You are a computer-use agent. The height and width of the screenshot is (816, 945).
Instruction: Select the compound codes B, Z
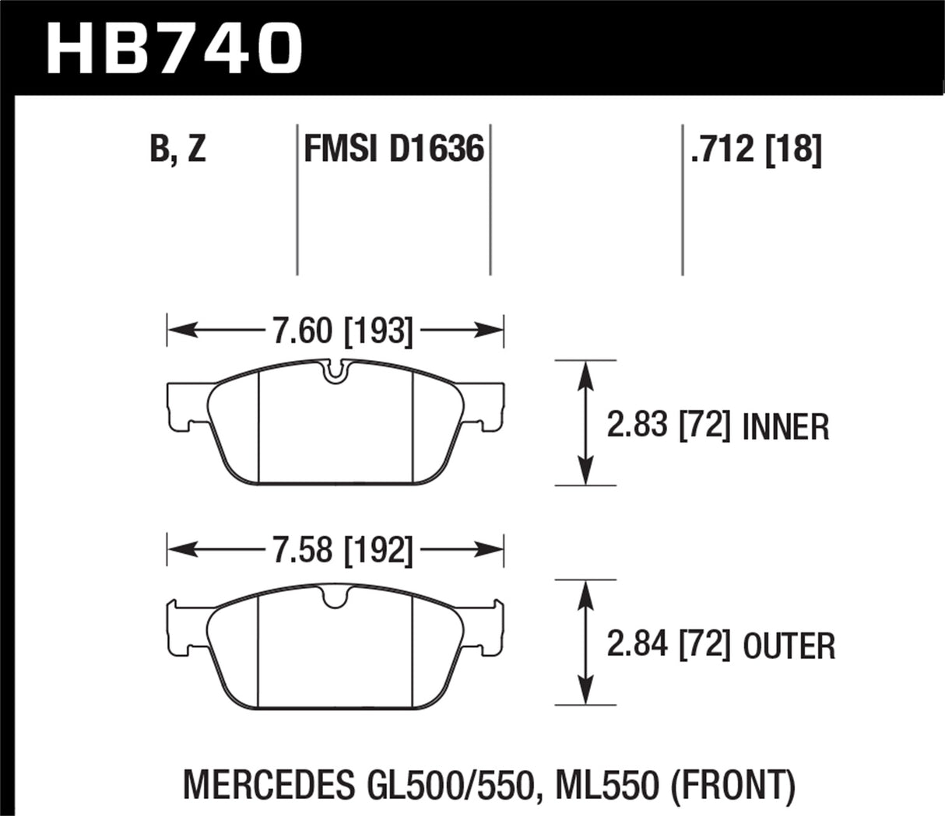pos(178,149)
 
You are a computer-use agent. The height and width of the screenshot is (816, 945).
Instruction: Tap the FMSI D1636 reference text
pos(394,149)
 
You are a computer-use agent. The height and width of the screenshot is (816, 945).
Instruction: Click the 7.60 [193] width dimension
pos(341,332)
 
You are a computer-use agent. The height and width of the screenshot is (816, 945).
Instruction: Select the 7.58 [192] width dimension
pos(341,551)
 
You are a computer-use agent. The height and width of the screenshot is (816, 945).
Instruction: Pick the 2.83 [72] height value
pos(668,426)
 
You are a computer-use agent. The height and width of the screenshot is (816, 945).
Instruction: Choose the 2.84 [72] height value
pos(668,646)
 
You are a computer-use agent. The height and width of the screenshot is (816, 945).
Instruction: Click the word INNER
pos(786,427)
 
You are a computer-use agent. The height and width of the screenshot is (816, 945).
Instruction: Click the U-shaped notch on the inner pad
pos(335,372)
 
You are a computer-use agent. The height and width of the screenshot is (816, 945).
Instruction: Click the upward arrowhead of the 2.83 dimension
pos(585,373)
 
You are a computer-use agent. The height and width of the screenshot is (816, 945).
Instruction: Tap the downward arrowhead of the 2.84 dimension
pos(585,693)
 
